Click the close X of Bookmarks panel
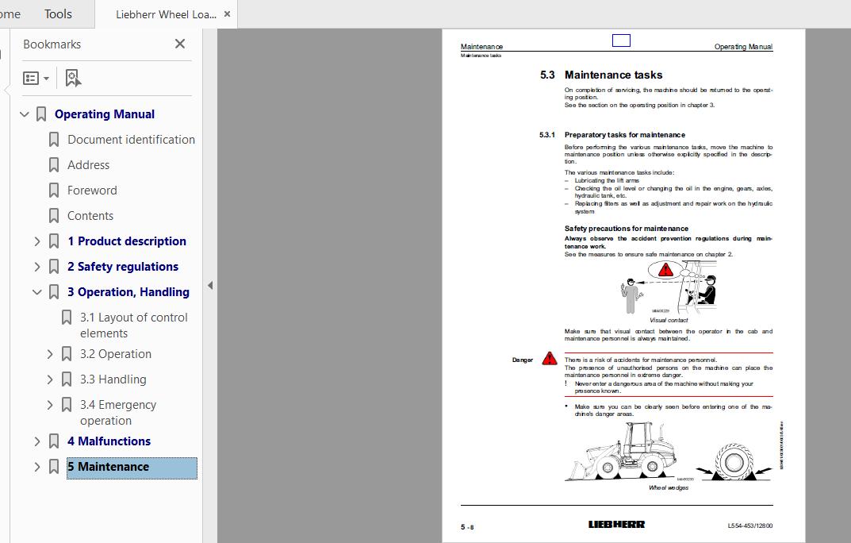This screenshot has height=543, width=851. coord(180,44)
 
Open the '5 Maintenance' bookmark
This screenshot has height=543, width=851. coord(108,467)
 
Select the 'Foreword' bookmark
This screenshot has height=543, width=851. coord(92,191)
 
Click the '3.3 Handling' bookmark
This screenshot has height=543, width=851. coord(113,379)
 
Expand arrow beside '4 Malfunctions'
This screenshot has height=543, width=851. coord(36,441)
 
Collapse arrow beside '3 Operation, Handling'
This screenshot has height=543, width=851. coord(36,292)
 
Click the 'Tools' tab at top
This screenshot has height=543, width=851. coord(58,14)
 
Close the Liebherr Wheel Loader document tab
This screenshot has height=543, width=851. coord(227,14)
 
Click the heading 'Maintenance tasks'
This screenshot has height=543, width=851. coord(613,75)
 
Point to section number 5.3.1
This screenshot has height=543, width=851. coord(547,135)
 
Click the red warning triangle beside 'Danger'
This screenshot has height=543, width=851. coord(550,359)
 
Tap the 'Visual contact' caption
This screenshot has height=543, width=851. coord(669,320)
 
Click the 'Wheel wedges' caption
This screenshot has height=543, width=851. coord(668,487)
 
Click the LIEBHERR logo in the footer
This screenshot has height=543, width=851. coord(616,525)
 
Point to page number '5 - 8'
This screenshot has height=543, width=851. coord(467,526)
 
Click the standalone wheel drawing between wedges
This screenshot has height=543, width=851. coord(734,460)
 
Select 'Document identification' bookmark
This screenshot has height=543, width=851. coord(131,140)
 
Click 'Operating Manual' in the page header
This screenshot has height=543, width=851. coord(742,47)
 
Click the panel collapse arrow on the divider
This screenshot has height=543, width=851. coord(210,285)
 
